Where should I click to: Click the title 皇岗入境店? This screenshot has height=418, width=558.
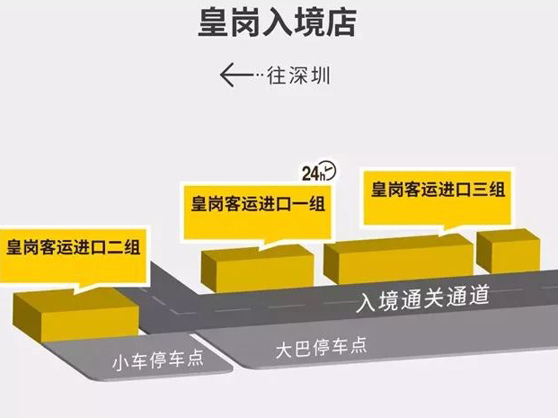[278, 22]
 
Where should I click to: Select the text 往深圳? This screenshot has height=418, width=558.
[298, 76]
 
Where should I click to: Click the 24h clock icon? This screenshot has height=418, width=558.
[319, 172]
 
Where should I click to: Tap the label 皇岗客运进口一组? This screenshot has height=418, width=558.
[258, 204]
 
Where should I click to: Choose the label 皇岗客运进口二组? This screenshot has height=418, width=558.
[73, 247]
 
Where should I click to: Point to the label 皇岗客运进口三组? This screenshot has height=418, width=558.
[438, 189]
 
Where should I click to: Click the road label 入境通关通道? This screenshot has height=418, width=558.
[423, 298]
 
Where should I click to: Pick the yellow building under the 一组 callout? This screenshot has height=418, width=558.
[257, 269]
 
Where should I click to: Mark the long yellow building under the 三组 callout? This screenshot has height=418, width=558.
[398, 259]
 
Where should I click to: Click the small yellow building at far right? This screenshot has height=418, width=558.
[509, 252]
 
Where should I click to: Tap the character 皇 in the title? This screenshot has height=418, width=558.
[213, 22]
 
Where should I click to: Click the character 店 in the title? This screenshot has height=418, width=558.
[341, 22]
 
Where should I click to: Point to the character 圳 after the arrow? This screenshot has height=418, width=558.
[321, 76]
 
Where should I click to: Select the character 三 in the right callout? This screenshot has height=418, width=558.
[480, 189]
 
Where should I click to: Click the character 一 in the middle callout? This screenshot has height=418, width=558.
[300, 204]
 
